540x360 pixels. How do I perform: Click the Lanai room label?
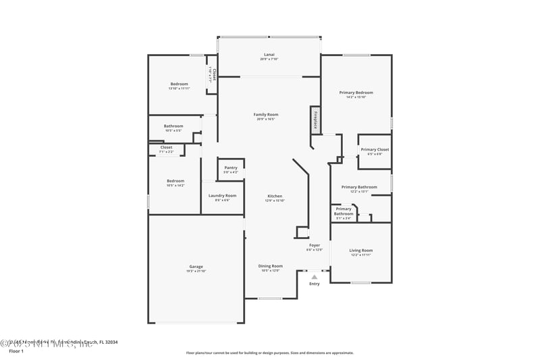tap(269, 55)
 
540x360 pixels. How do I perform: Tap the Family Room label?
tap(266, 115)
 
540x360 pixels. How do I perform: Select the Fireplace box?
tap(315, 120)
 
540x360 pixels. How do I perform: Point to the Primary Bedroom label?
tap(356, 93)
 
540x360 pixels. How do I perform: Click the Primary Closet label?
tap(375, 149)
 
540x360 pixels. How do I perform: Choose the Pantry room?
tap(231, 170)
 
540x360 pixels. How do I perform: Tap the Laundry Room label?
tap(222, 196)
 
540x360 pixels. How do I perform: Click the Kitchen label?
tap(275, 196)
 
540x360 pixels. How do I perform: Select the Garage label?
tap(196, 266)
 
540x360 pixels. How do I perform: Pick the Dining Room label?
tap(270, 266)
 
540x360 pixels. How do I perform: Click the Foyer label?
tap(315, 245)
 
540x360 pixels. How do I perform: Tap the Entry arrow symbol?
tap(314, 276)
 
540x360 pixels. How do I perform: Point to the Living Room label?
tap(360, 251)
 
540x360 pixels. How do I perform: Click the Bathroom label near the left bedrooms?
tap(173, 126)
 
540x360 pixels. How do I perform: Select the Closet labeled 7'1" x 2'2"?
tap(166, 152)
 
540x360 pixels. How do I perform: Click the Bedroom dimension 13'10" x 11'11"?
tap(179, 88)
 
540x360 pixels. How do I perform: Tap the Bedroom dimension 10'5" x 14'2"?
tap(175, 185)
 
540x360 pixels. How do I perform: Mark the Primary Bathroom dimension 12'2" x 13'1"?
tap(358, 191)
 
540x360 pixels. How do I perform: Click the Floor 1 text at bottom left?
tap(16, 351)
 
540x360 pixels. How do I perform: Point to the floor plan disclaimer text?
tap(269, 353)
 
